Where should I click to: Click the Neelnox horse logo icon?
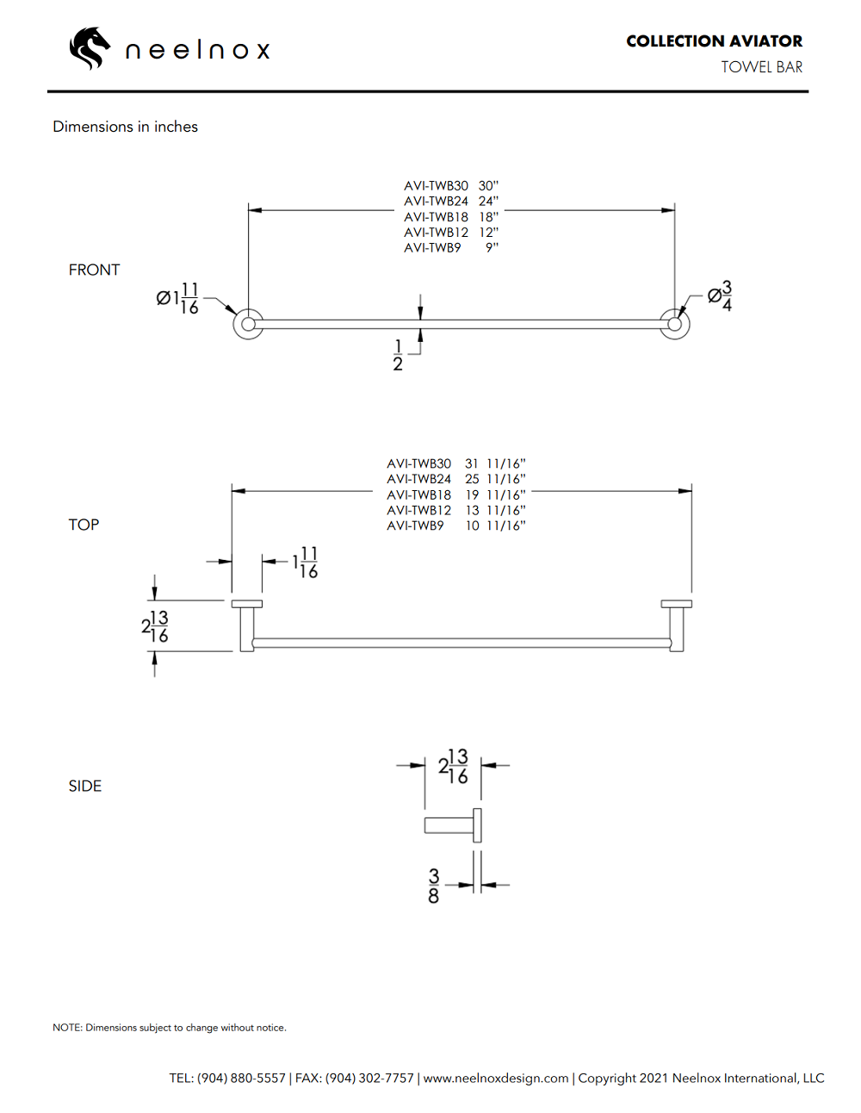tap(90, 48)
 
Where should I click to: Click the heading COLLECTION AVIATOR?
tap(714, 41)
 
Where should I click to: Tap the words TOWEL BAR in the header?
tap(761, 67)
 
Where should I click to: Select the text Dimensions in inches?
tap(125, 127)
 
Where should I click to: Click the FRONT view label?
tap(94, 270)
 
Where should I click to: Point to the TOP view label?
tap(84, 525)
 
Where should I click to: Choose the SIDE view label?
tap(84, 786)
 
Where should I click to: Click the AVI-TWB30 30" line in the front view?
tap(451, 186)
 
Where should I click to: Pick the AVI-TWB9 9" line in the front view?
tap(451, 248)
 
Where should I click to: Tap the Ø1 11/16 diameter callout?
tap(178, 299)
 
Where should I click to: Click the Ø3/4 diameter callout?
tap(720, 295)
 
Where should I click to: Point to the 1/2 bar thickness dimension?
tap(398, 355)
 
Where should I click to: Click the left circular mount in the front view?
tap(248, 324)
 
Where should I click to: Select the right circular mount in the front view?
tap(675, 324)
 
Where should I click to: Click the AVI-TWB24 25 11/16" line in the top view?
tap(455, 479)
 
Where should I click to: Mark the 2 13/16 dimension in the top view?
tap(155, 626)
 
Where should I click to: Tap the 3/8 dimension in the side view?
tap(433, 886)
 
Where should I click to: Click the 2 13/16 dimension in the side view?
tap(453, 766)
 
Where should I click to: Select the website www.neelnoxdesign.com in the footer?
tap(496, 1079)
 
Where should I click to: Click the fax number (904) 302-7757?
tap(369, 1079)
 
